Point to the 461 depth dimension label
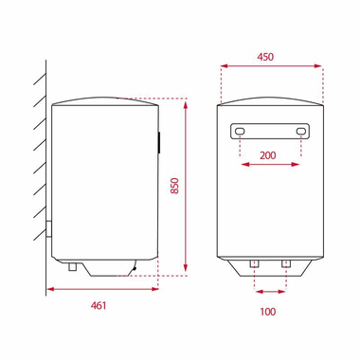click(x=99, y=304)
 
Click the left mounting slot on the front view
click(x=241, y=131)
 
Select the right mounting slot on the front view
click(x=301, y=131)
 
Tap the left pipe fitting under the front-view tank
click(x=255, y=262)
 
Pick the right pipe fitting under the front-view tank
click(x=284, y=262)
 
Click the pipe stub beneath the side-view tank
click(x=72, y=269)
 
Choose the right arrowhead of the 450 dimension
click(x=319, y=66)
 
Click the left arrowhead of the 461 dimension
click(x=46, y=291)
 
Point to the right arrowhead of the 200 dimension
click(x=298, y=165)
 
